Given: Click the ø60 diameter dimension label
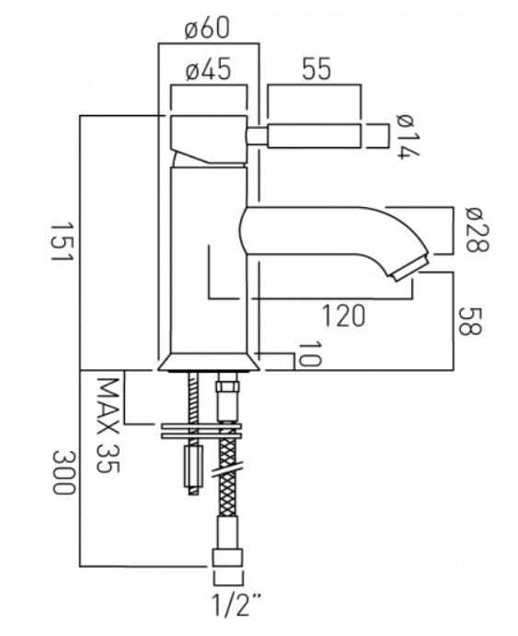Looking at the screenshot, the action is coord(207,28).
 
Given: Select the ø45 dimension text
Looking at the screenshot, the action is coord(208,68).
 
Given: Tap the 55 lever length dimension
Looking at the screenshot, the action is coord(317,68).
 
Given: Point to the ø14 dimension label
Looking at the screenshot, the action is coord(409,137).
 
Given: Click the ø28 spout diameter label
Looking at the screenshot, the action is coord(478,230).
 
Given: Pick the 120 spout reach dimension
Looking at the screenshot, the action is coord(343,316).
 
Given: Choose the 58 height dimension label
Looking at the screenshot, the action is coord(470,321).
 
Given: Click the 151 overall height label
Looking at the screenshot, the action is coord(62,242).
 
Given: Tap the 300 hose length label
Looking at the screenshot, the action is coord(63,472).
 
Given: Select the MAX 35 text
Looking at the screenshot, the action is coord(109,425).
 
